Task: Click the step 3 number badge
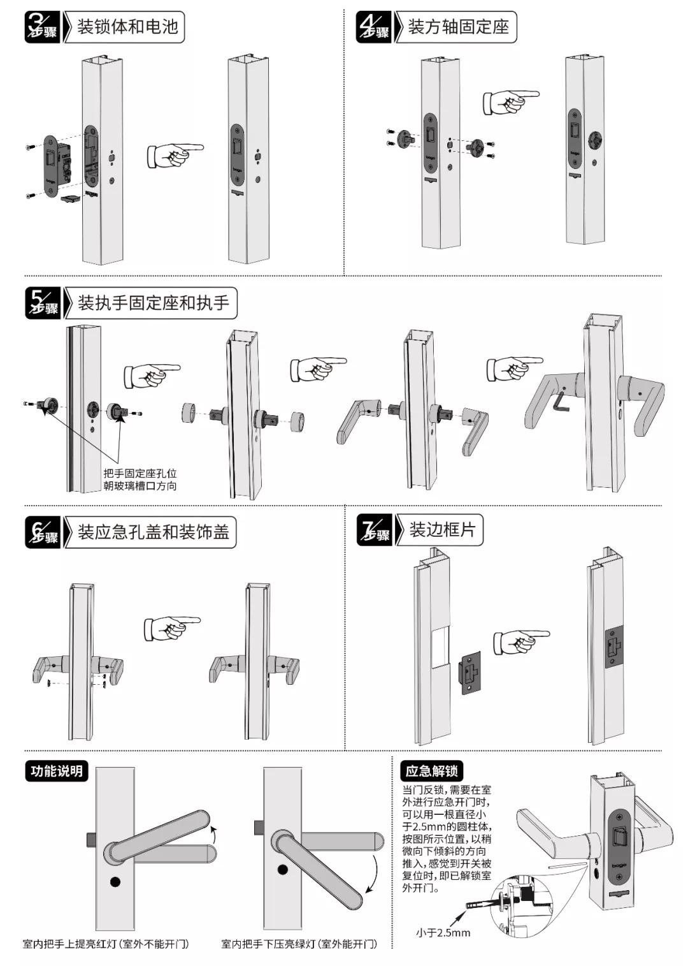[x=42, y=27]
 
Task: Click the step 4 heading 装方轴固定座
[x=458, y=27]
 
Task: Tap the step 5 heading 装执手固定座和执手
[x=153, y=303]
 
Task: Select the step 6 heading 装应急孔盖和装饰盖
[x=153, y=532]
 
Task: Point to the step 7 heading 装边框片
[x=442, y=530]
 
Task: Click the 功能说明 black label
[x=57, y=771]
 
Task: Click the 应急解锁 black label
[x=431, y=771]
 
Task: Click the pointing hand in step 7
[x=520, y=641]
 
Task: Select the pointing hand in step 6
[x=171, y=628]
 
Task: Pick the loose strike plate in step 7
[x=469, y=673]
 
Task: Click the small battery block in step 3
[x=70, y=199]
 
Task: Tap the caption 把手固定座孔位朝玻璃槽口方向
[x=140, y=479]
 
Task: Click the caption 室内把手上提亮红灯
[x=106, y=944]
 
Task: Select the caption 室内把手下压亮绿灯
[x=299, y=944]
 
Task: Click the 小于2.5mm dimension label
[x=443, y=933]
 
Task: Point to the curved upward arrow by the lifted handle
[x=214, y=832]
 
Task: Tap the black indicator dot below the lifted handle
[x=115, y=882]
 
